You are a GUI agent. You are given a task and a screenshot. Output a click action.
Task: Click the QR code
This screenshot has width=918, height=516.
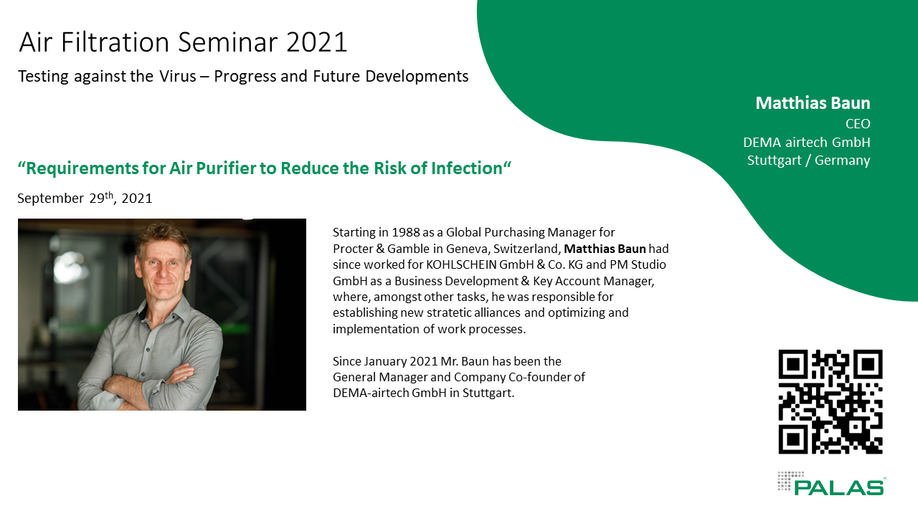point(831,402)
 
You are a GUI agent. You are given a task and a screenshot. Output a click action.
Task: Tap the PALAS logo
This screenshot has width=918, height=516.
point(831,484)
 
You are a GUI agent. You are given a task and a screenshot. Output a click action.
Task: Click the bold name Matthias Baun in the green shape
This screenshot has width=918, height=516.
point(813,103)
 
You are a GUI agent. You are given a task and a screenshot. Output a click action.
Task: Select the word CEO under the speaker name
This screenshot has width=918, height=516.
point(858,124)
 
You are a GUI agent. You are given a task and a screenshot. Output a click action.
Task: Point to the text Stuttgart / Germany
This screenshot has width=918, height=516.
point(808,160)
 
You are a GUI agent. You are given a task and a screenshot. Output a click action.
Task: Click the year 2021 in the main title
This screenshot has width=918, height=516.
point(317,42)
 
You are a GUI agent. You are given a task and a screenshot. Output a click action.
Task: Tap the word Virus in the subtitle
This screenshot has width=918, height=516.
point(178,77)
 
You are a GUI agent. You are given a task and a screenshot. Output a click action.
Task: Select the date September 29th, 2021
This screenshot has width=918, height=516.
point(85,199)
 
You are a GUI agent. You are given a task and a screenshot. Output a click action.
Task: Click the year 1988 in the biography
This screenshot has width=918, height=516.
point(406,233)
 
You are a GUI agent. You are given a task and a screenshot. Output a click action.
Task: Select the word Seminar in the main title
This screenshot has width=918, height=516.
point(228,42)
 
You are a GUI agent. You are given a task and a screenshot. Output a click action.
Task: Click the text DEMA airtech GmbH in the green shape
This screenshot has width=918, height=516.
point(807,142)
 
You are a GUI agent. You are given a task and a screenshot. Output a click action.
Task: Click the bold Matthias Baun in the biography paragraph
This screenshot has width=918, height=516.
point(605,249)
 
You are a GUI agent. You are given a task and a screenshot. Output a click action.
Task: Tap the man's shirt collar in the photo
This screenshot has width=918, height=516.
point(164,309)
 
